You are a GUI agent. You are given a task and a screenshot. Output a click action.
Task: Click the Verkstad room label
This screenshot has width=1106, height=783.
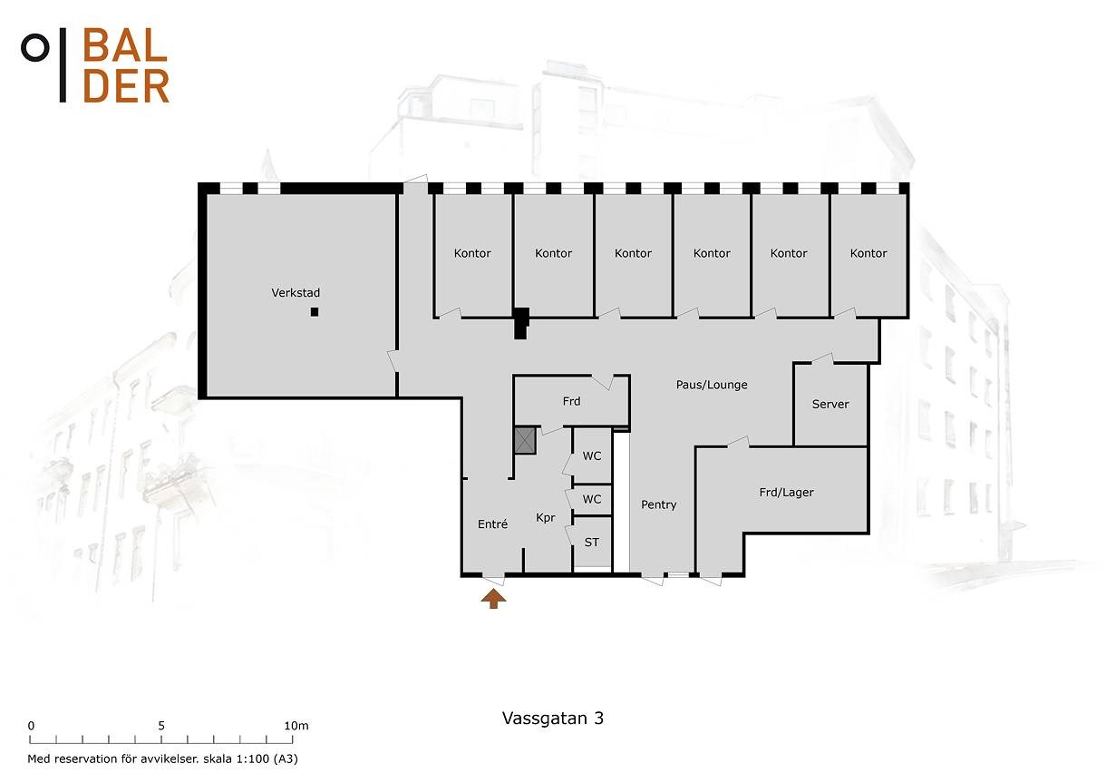pos(296,293)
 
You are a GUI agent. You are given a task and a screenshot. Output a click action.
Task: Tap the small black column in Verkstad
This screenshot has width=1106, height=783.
pos(315,312)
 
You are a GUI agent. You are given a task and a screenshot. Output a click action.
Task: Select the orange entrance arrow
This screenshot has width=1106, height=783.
pos(494,598)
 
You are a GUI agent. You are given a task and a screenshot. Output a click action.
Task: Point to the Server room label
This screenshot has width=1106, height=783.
pos(830,404)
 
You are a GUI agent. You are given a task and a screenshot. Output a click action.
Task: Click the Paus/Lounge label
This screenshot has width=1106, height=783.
pos(712,385)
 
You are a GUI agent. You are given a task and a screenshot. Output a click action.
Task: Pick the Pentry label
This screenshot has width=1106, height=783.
pos(659,504)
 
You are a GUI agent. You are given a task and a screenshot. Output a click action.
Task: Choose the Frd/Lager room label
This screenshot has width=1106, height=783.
pos(787,492)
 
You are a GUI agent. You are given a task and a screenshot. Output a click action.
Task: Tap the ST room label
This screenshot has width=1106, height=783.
pos(591,543)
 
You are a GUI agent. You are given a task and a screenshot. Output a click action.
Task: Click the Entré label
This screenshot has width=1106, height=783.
pos(493,524)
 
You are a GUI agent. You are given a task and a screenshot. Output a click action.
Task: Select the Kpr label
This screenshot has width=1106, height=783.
pos(546,518)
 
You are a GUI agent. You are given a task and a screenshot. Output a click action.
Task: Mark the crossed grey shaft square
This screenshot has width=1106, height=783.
pos(525,441)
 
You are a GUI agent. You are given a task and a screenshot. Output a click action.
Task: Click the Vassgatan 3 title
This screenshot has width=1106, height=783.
pos(553,719)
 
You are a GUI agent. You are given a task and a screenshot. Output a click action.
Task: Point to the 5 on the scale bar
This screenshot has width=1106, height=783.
pos(161,726)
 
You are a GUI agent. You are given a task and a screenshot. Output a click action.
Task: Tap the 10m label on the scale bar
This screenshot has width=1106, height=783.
pos(296,726)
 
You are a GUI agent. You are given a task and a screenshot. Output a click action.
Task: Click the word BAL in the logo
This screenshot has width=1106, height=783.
pos(125,46)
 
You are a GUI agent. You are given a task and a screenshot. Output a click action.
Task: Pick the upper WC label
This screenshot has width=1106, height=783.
pos(591,456)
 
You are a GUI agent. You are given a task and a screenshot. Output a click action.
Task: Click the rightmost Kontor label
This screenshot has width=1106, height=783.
pos(868,253)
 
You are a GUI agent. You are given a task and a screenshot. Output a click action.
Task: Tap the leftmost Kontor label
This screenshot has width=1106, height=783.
pos(472,253)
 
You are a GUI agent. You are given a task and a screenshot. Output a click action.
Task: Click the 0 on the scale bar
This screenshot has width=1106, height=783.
pos(31,726)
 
